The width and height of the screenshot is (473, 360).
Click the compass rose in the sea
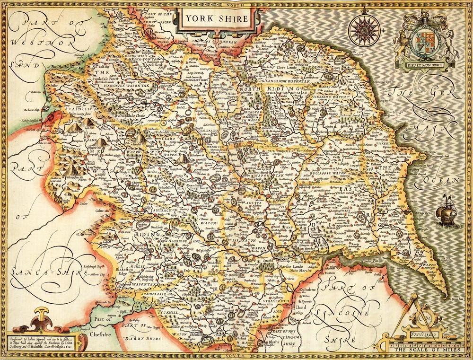pyautogui.click(x=362, y=28)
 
